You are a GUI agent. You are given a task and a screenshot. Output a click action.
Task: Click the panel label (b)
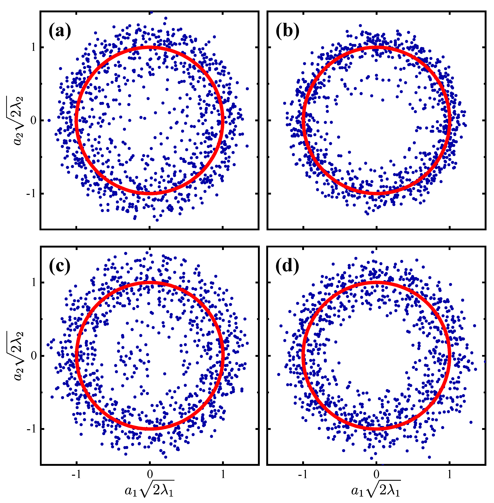point(287,31)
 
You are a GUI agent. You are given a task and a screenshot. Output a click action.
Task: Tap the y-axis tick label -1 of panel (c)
point(31,429)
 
